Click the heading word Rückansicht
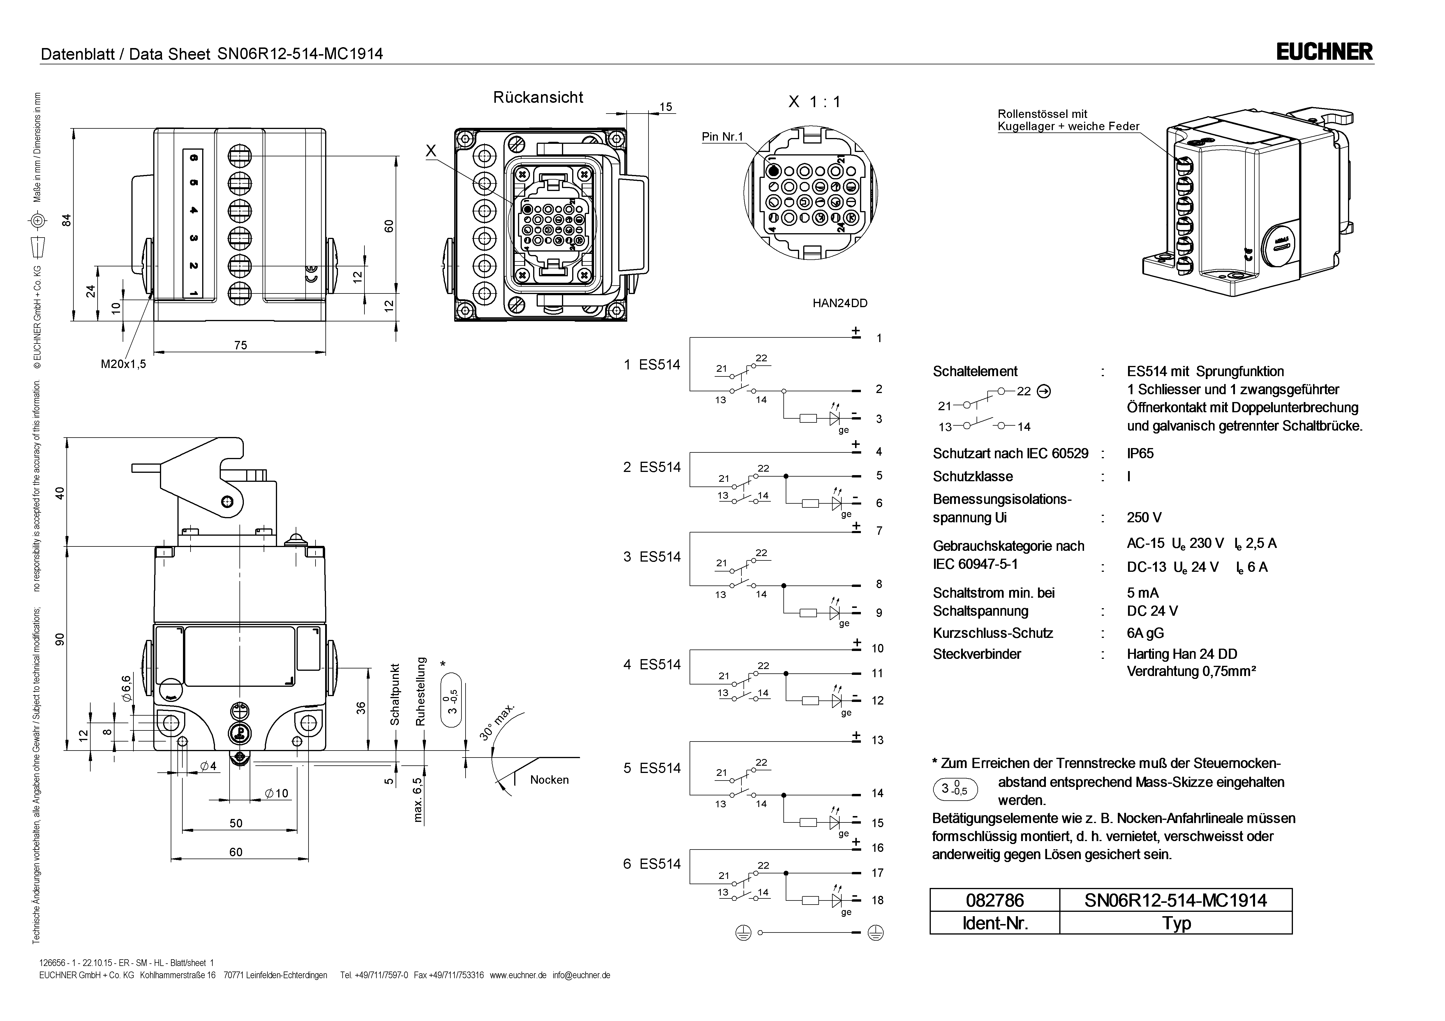click(538, 98)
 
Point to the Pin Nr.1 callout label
click(722, 137)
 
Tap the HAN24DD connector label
click(840, 303)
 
